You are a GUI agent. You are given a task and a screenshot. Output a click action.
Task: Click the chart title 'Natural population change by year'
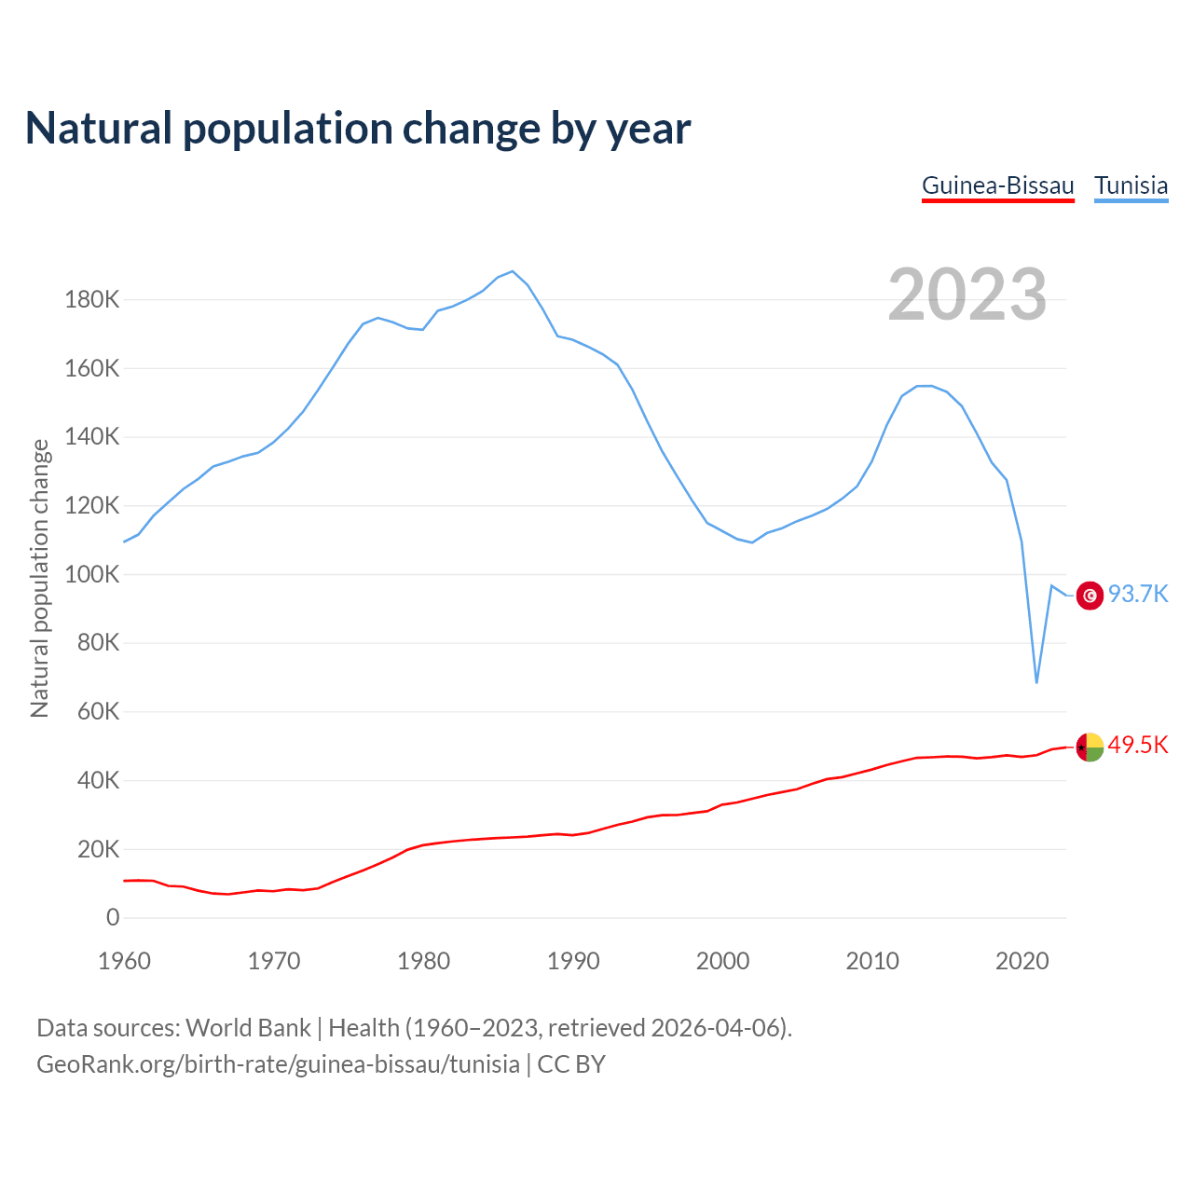pos(358,129)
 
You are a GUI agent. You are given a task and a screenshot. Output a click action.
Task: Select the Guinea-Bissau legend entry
pos(997,185)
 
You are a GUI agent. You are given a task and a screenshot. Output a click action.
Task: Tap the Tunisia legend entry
pos(1131,185)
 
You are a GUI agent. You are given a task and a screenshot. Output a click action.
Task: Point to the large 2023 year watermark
pos(967,295)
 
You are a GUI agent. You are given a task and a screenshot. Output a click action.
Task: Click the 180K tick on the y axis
pos(91,300)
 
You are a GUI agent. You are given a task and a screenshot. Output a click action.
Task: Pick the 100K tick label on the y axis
pos(91,574)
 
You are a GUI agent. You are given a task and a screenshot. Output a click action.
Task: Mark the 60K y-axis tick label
pos(97,712)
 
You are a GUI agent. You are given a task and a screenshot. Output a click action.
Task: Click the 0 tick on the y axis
pos(113,918)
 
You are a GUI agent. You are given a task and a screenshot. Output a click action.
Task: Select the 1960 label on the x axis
pos(124,961)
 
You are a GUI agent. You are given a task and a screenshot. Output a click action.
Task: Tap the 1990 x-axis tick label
pos(573,961)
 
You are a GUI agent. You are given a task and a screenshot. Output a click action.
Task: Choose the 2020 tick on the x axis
pos(1022,961)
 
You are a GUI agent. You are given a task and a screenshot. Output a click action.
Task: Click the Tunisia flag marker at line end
pos(1090,595)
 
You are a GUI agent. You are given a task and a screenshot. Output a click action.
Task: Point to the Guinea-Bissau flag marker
pos(1090,747)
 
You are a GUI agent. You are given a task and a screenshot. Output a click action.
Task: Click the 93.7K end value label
pos(1138,595)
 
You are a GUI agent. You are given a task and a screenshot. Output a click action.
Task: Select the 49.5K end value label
pos(1138,745)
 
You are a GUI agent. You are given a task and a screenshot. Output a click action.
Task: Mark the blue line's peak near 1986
pos(513,271)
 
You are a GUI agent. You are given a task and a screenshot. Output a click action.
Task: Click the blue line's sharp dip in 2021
pos(1036,682)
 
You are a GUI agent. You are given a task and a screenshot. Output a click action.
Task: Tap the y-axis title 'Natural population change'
pos(40,578)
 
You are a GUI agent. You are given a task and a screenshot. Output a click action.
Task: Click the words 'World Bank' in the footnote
pos(248,1028)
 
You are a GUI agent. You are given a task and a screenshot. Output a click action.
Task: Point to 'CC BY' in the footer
pos(571,1064)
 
